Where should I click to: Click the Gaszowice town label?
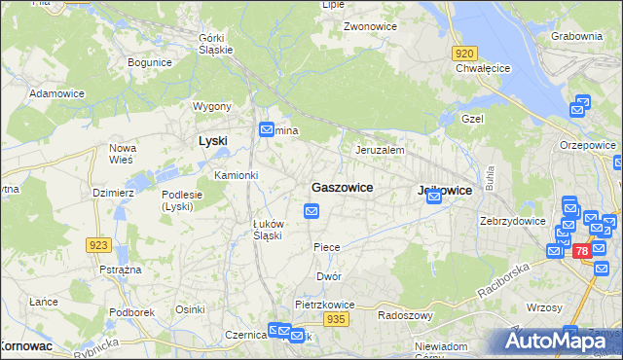click(341, 186)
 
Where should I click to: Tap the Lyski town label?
click(212, 140)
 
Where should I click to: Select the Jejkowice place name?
click(444, 191)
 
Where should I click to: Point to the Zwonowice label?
click(369, 26)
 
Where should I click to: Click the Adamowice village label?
click(57, 93)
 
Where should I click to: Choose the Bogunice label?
click(150, 62)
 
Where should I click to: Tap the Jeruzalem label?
click(380, 151)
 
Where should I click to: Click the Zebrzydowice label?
click(512, 221)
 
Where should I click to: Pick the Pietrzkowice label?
click(325, 305)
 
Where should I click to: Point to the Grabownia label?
click(576, 36)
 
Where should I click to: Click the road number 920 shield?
click(464, 54)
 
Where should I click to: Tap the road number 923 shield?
click(98, 245)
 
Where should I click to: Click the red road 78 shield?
click(581, 251)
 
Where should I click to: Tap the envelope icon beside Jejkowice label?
click(434, 197)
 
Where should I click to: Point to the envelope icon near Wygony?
click(266, 129)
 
